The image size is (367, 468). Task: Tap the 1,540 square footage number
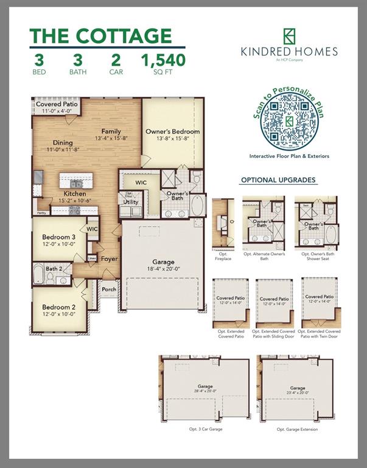[163, 60]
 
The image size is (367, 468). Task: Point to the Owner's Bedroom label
[172, 132]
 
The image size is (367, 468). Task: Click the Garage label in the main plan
[163, 261]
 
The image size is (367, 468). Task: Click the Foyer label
[110, 258]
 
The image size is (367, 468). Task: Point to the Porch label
[109, 289]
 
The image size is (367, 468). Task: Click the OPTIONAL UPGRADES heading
[278, 180]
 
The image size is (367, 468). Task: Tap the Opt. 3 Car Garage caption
[205, 429]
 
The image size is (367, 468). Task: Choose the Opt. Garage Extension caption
[297, 429]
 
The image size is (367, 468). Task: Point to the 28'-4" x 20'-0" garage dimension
[205, 392]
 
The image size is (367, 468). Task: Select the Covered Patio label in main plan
[57, 105]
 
